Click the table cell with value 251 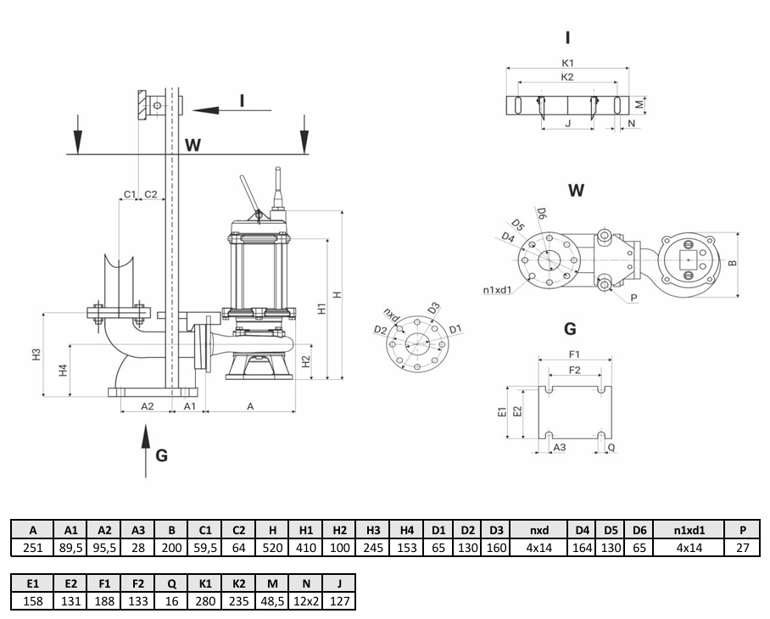pos(32,549)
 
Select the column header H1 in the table pos(306,531)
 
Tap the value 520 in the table pos(272,549)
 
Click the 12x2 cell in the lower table pos(304,601)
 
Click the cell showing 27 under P pos(743,549)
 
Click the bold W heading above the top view pos(576,191)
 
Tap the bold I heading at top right pos(567,36)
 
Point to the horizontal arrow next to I pos(216,109)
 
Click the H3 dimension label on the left pos(36,356)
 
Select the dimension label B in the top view pos(733,263)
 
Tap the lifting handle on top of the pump pos(248,193)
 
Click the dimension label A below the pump pos(250,407)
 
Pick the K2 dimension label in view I pos(568,76)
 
